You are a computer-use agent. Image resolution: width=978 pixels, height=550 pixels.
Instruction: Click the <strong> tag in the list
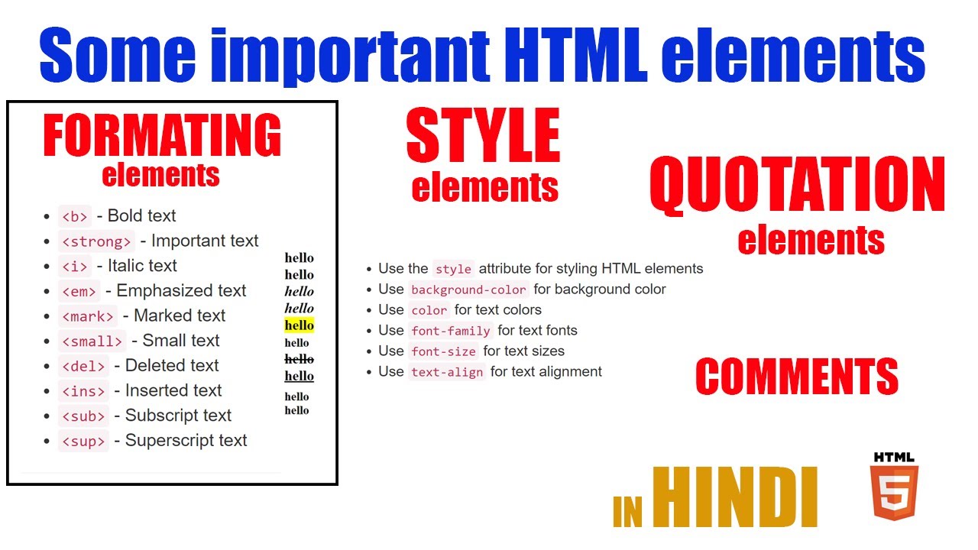[x=96, y=241]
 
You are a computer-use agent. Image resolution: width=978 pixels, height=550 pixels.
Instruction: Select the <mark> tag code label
[x=88, y=316]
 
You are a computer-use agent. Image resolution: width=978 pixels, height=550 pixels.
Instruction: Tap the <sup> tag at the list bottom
[x=83, y=441]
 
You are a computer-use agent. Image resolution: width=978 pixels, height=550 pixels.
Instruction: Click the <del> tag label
[x=83, y=366]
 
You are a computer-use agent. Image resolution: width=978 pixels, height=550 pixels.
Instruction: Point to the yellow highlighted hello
[x=299, y=325]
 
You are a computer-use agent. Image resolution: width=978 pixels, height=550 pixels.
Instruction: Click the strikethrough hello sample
[x=299, y=359]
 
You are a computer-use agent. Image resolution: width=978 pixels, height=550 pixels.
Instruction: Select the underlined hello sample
[x=299, y=376]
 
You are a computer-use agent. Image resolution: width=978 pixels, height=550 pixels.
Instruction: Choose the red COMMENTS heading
[x=796, y=377]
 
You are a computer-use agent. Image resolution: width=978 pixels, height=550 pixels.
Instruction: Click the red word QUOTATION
[x=797, y=186]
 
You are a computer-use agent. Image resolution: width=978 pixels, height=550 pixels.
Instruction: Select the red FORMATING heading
[x=162, y=136]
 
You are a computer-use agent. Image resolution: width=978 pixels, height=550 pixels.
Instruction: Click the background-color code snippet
[x=468, y=290]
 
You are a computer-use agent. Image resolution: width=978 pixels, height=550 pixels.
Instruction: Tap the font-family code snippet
[x=451, y=332]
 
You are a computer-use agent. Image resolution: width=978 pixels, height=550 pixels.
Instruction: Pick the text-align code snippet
[x=447, y=373]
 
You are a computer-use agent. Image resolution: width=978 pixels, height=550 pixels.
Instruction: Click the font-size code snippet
[x=443, y=352]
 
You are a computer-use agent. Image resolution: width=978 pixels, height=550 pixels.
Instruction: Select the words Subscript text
[x=178, y=416]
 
